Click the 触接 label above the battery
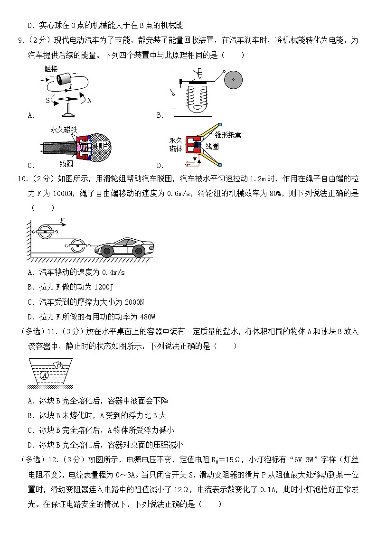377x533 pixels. pyautogui.click(x=51, y=68)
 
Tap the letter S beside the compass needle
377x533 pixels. pyautogui.click(x=47, y=101)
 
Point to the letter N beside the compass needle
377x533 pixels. pyautogui.click(x=89, y=101)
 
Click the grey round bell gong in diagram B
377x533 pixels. pyautogui.click(x=234, y=80)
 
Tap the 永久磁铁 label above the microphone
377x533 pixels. pyautogui.click(x=64, y=129)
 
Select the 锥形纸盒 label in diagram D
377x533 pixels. pyautogui.click(x=228, y=135)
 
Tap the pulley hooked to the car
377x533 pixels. pyautogui.click(x=76, y=247)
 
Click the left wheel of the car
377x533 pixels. pyautogui.click(x=107, y=251)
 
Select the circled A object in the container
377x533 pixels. pyautogui.click(x=45, y=375)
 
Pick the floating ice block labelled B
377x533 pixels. pyautogui.click(x=59, y=365)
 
